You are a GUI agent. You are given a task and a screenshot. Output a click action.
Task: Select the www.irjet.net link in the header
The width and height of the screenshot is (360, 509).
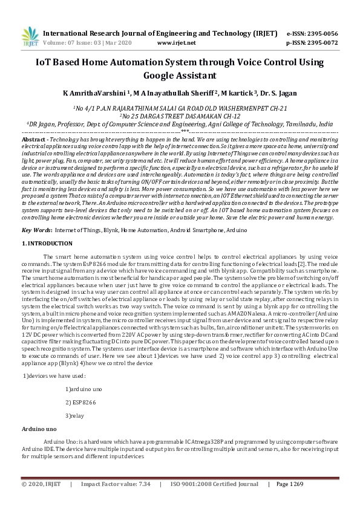(x=176, y=44)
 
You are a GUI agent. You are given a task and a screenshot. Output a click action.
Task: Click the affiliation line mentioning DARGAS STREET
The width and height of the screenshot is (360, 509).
(x=180, y=115)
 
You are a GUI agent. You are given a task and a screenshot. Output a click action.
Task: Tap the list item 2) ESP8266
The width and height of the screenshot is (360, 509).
(x=80, y=402)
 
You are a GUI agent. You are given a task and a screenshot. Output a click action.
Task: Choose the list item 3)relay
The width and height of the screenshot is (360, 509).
(x=75, y=416)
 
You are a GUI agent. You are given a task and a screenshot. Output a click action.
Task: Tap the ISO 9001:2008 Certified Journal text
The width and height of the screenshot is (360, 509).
(x=214, y=484)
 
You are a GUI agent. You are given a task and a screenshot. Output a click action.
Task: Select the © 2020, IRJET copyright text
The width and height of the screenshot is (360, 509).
(x=42, y=484)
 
